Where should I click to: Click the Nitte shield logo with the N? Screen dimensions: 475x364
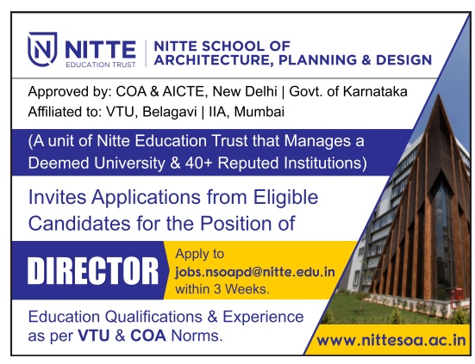pos(42,48)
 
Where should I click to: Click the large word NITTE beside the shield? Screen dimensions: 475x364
pos(100,50)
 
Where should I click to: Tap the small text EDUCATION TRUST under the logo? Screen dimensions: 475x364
pos(101,65)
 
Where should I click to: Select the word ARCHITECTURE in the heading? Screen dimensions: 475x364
pos(211,60)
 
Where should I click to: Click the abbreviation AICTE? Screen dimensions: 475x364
pos(184,91)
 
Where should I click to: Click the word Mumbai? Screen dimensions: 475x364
pos(259,112)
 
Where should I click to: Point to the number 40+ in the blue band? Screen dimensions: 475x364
pos(198,163)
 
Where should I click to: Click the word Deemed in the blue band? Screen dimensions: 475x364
pos(59,163)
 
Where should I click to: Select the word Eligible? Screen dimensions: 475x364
pos(285,198)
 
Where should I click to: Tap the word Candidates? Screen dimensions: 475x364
pos(80,224)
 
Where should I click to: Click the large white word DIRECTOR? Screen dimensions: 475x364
pos(93,270)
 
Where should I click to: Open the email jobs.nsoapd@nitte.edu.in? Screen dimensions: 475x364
pos(255,273)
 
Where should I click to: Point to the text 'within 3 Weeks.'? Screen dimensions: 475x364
pos(222,289)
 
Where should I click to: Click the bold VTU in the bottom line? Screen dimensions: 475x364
pos(94,336)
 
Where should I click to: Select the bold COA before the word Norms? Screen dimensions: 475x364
pos(148,336)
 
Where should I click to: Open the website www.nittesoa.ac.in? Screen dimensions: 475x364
pos(391,341)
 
